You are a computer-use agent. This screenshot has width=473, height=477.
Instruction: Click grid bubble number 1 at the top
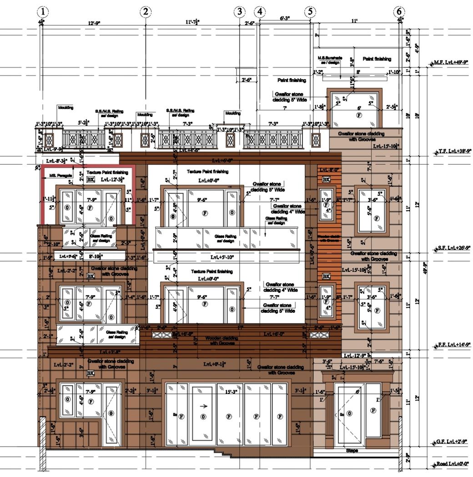point(43,11)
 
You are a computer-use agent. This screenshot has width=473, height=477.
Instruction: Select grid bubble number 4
point(260,11)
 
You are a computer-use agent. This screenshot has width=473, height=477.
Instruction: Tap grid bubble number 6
point(399,11)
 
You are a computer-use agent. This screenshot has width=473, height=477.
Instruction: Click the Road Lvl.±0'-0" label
point(453,464)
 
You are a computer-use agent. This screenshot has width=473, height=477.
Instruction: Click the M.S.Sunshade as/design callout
point(328,60)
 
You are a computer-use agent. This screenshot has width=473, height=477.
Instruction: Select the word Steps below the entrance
point(352,451)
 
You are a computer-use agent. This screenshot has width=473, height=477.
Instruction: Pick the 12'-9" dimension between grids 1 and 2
point(95,22)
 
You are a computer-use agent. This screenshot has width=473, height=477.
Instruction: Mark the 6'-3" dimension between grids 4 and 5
point(285,19)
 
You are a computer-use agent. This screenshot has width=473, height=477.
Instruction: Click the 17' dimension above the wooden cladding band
point(240,327)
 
